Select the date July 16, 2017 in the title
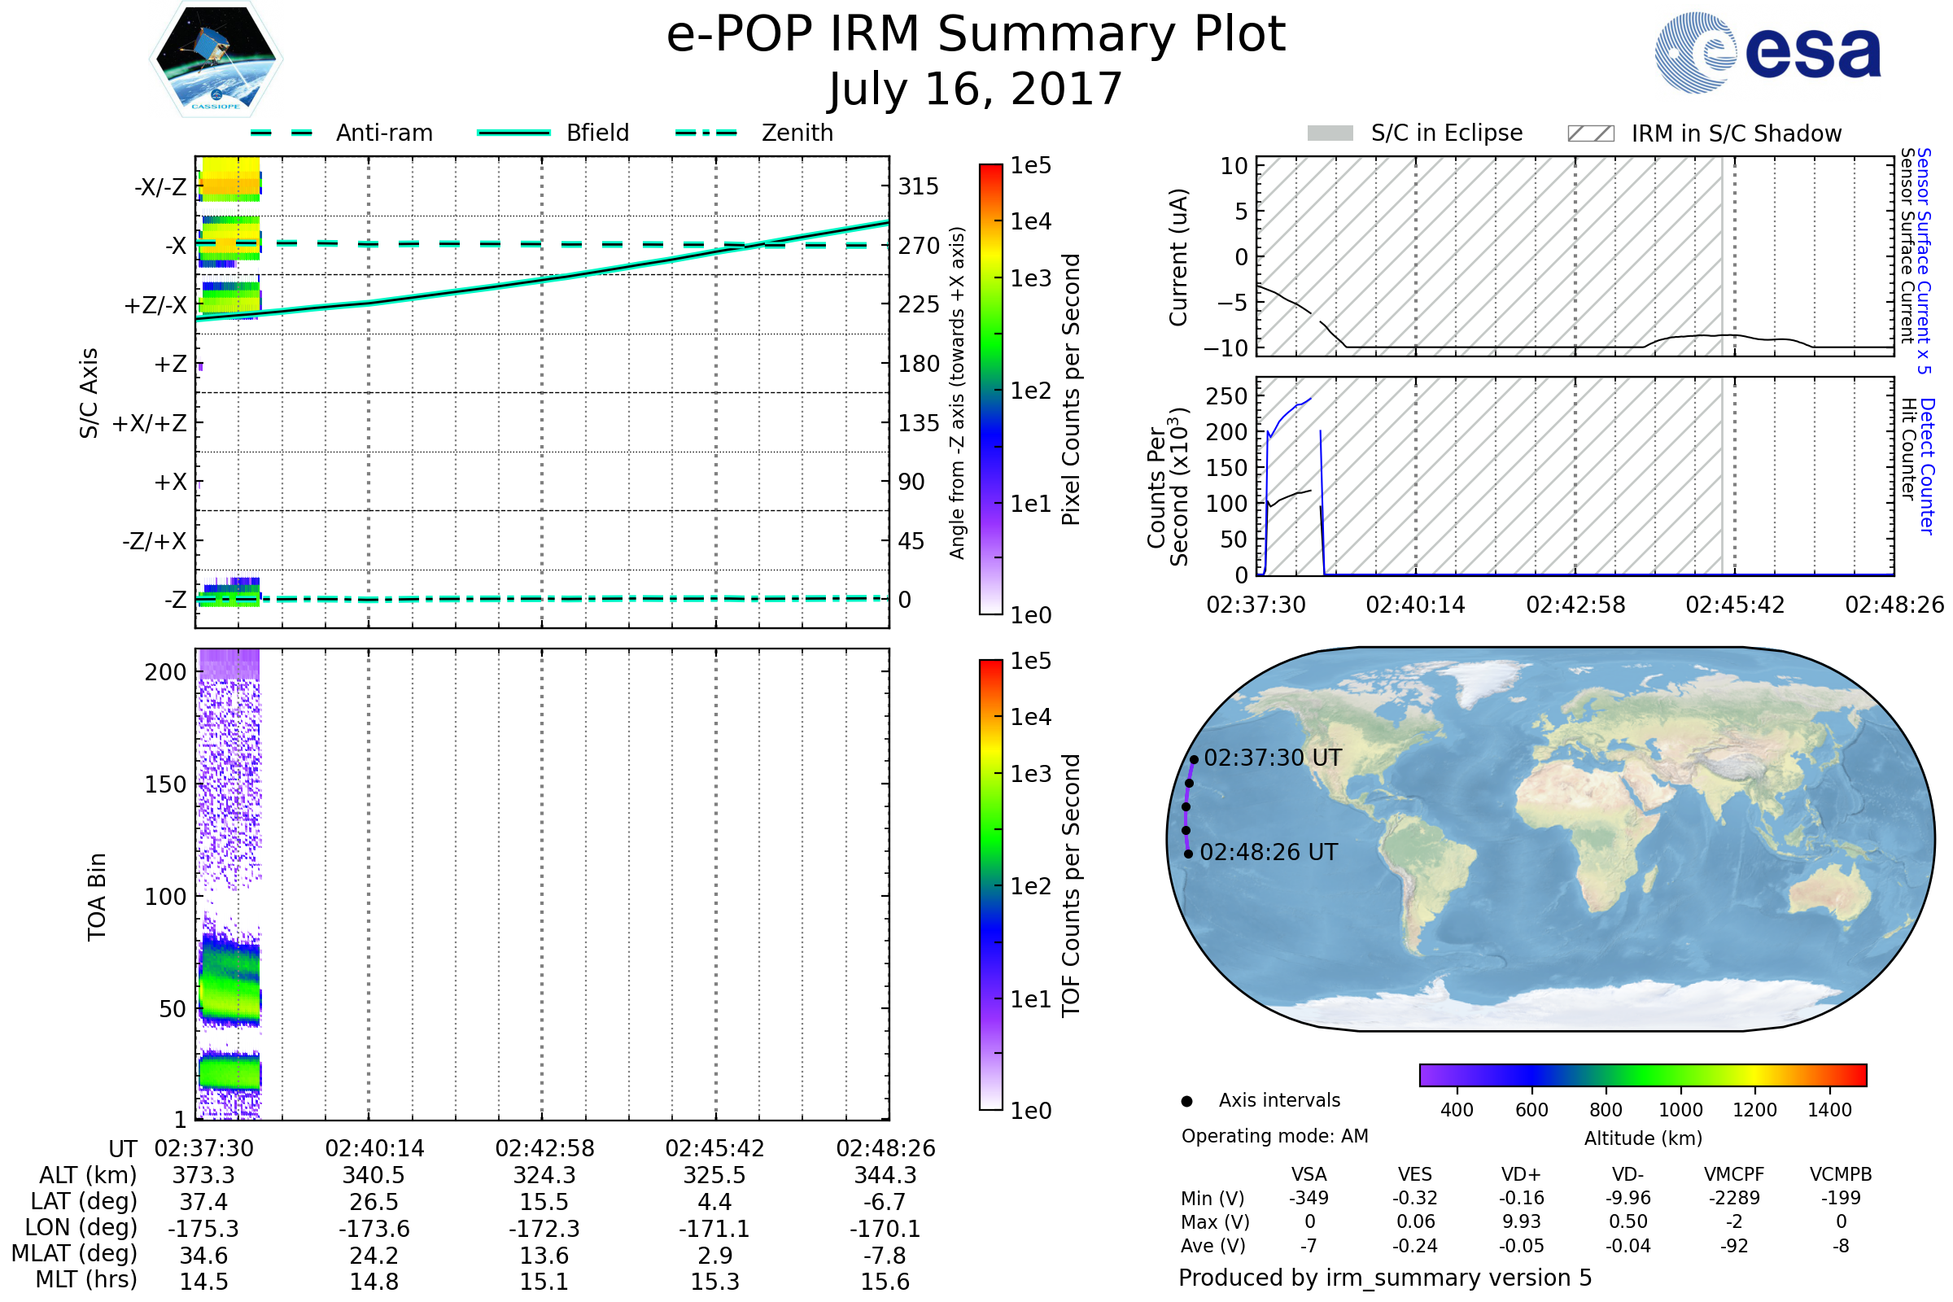click(976, 90)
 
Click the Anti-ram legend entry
click(383, 133)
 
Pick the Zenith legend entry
click(797, 133)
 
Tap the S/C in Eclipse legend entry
click(1446, 133)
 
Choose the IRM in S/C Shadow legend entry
click(1736, 133)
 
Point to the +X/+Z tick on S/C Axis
click(150, 423)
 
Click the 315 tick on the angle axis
click(918, 187)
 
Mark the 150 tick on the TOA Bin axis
click(165, 784)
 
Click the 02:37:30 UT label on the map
click(1272, 758)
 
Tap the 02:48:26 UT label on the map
click(1268, 853)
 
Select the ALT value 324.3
click(544, 1176)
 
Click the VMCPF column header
click(1734, 1174)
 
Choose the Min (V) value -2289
click(1734, 1198)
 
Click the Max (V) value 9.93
click(1521, 1221)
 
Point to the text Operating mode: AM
click(1274, 1136)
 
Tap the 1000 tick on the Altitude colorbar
click(1680, 1110)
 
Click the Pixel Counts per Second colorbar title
click(1071, 390)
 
